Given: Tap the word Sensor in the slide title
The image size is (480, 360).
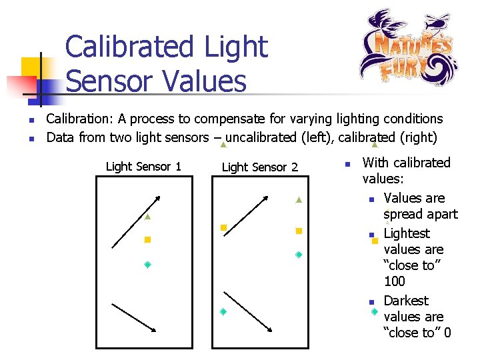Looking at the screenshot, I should [109, 81].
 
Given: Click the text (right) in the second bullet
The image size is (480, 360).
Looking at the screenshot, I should [417, 138].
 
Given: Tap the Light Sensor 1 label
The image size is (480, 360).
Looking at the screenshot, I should [143, 167].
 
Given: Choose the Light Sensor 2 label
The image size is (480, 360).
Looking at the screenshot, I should [259, 167].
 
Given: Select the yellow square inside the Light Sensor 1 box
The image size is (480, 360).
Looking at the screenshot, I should [147, 239].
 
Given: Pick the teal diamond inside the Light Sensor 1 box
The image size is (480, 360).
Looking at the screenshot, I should [147, 265].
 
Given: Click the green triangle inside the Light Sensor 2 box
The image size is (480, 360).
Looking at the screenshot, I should [299, 200].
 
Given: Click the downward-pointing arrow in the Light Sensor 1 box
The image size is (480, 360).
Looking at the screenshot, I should [134, 317].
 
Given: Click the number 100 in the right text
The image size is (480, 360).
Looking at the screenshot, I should [395, 281].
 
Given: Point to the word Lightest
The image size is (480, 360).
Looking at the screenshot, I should [407, 233].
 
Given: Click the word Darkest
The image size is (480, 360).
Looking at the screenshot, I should [406, 301].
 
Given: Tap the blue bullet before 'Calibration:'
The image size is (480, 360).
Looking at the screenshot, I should [31, 120].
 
